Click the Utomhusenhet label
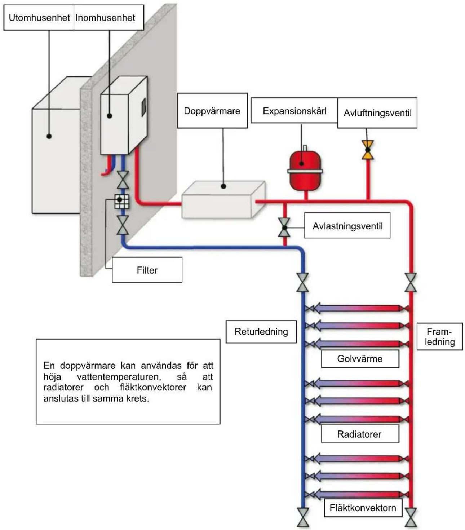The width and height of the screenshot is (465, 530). (x=39, y=18)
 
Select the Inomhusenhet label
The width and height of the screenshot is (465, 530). (x=105, y=18)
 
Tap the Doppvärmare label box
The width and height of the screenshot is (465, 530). (x=212, y=111)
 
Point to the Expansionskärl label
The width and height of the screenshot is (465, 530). (x=294, y=111)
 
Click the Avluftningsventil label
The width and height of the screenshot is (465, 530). (x=377, y=113)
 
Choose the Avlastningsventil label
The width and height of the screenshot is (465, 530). (x=347, y=226)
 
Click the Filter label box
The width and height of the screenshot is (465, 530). (x=147, y=270)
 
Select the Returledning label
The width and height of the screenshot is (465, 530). (x=261, y=331)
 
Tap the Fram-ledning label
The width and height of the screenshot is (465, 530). (x=440, y=337)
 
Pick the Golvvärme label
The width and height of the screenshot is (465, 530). (x=360, y=359)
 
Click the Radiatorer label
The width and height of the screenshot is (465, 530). (x=359, y=434)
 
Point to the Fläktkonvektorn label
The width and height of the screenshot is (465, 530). (x=363, y=508)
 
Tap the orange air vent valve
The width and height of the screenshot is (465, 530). (x=368, y=150)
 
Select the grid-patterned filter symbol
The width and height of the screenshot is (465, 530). (x=122, y=202)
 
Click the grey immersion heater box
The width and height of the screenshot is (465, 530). (x=223, y=200)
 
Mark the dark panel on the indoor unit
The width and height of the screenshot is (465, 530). (x=144, y=107)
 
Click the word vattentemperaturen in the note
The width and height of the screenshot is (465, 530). (x=119, y=377)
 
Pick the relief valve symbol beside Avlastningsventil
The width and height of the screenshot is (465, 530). (x=284, y=228)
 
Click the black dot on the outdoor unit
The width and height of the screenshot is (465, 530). (x=49, y=136)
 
